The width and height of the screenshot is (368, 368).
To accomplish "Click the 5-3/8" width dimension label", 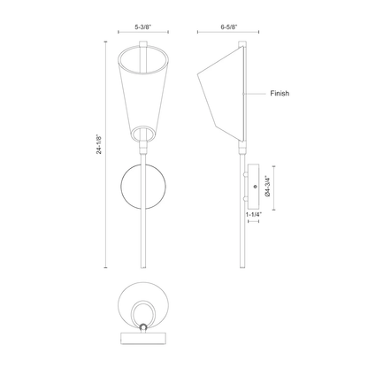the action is coord(143,27).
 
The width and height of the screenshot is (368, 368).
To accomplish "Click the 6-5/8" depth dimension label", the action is coord(229,27).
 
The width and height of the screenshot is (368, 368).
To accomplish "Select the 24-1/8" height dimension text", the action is coord(99,144).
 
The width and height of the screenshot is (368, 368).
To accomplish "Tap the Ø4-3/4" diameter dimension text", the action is coord(268,187).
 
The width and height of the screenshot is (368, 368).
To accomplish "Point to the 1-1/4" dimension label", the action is coord(254,214).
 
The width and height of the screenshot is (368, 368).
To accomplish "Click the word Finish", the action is coord(280,94).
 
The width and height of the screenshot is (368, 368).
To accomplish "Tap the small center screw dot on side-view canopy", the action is coord(256,187).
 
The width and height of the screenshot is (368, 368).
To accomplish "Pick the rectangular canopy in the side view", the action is coord(254,187).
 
